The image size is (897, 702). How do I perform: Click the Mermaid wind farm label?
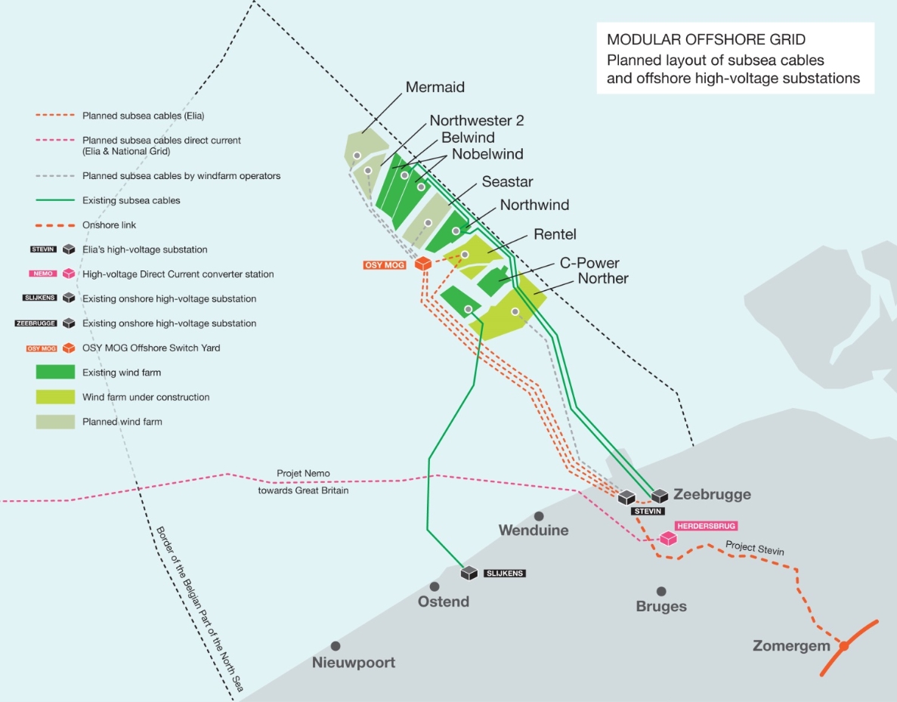point(435,87)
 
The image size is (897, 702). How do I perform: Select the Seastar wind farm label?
point(507,182)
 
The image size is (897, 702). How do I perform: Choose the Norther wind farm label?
point(603,279)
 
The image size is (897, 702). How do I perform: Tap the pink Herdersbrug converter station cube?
point(667,539)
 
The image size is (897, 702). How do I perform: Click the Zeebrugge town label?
point(712,495)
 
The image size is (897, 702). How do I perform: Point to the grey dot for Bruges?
point(661,592)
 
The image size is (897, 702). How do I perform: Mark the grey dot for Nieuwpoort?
point(335,646)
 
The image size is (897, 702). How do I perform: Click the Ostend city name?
point(444,602)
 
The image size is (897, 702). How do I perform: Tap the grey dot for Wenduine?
point(539,515)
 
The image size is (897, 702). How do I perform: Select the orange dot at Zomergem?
point(844,646)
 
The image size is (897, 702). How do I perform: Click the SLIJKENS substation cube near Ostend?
point(469,574)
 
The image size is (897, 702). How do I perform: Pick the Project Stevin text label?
point(755,549)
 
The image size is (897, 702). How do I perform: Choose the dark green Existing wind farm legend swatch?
point(55,373)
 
